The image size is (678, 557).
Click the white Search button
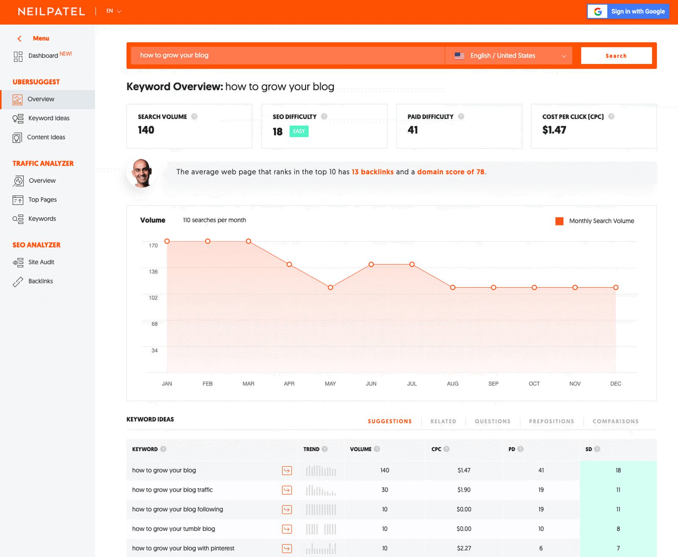tap(616, 55)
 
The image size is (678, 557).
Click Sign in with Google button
tap(628, 11)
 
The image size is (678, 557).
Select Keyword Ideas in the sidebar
tap(49, 118)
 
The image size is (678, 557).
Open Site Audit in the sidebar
tap(41, 262)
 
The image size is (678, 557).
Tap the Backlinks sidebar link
tap(40, 281)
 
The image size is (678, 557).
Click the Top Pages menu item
tap(42, 200)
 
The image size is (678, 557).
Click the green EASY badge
tap(299, 131)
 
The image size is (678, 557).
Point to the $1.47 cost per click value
tap(554, 130)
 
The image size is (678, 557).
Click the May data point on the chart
tap(330, 288)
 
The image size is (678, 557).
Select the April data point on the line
tap(289, 264)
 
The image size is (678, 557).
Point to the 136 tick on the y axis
tap(153, 272)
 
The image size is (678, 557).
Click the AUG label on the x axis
tap(452, 384)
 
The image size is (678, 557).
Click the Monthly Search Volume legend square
tap(559, 221)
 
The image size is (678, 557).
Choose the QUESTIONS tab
tap(492, 421)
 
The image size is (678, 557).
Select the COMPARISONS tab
tap(615, 421)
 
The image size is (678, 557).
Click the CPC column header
tap(436, 449)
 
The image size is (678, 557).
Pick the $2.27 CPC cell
tap(464, 548)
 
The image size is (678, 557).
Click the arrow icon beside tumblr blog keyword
tap(287, 529)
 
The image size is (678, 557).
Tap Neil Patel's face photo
tap(142, 173)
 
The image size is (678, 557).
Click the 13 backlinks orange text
tap(372, 172)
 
